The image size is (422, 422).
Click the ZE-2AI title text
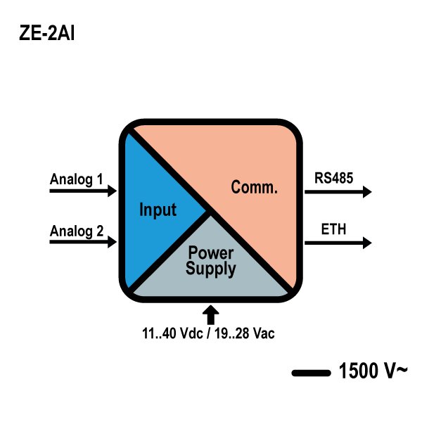click(x=46, y=33)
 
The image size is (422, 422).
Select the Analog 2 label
click(x=77, y=230)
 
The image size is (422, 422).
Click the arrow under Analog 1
click(x=82, y=191)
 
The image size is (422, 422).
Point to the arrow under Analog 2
click(x=82, y=242)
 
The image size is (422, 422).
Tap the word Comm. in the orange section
click(x=255, y=188)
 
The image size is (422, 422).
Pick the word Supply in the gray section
click(x=211, y=268)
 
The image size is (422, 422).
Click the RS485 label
click(x=333, y=179)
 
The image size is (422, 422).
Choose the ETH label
click(x=333, y=229)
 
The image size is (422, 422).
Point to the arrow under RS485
click(x=338, y=191)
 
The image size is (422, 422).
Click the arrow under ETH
click(x=338, y=243)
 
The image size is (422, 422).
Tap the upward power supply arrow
click(x=212, y=314)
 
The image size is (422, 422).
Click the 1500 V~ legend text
click(x=373, y=371)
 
